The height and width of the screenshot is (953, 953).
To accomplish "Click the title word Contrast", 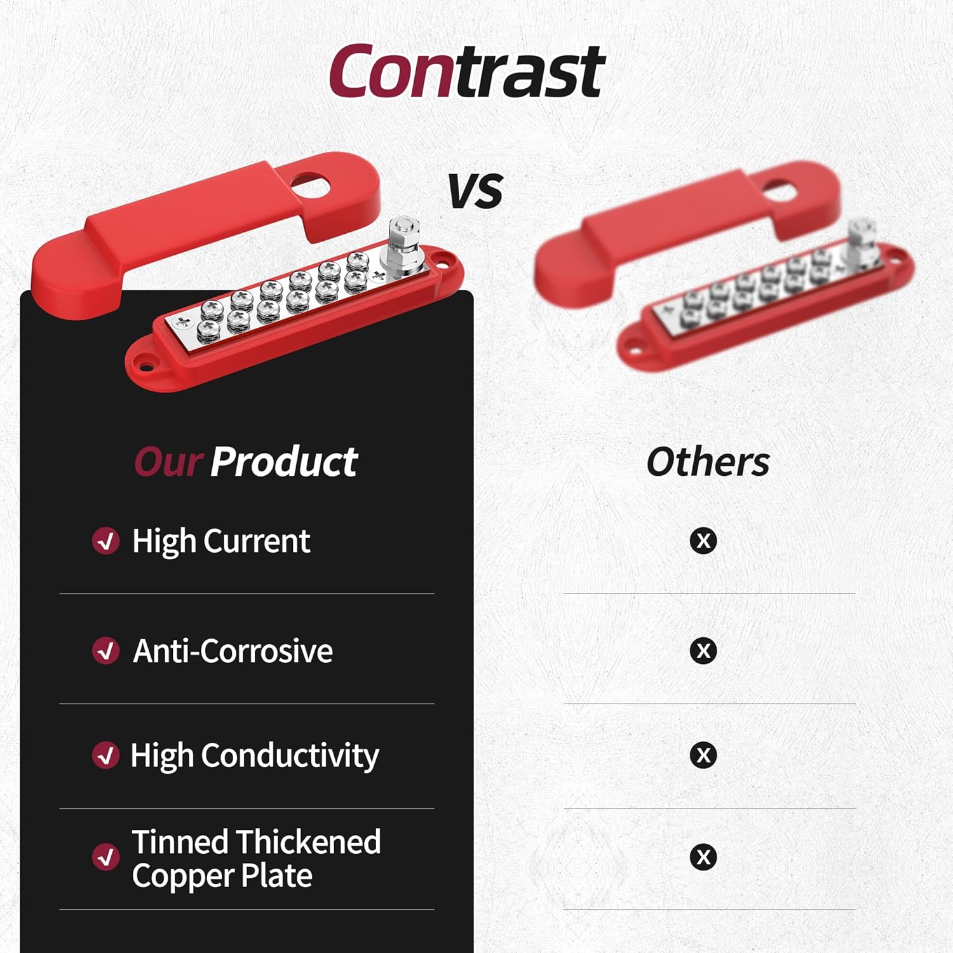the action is [467, 71].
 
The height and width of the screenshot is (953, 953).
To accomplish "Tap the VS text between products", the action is [475, 191].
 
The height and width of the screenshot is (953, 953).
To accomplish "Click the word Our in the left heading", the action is [169, 462].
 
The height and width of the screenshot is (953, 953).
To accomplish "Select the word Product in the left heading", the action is [284, 462].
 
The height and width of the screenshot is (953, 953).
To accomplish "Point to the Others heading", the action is [708, 462].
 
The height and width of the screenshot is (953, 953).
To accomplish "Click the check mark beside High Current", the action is [105, 541].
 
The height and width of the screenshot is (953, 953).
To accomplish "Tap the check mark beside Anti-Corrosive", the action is [105, 651].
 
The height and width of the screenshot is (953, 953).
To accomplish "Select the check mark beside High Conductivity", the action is [105, 755].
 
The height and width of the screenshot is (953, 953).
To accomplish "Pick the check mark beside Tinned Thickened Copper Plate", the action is [105, 856].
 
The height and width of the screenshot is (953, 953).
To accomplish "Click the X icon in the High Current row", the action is [703, 541].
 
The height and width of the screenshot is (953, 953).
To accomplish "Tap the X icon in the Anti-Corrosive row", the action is [703, 651].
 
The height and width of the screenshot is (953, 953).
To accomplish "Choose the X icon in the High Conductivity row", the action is [703, 755].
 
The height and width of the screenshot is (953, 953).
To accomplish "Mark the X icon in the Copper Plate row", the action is [703, 856].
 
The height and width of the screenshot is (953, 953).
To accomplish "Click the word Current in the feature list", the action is [257, 542].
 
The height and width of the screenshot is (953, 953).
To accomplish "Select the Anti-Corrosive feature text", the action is [233, 651].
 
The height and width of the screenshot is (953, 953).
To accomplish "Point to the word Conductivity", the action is [290, 756].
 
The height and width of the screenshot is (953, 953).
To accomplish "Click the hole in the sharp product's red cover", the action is [311, 186].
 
